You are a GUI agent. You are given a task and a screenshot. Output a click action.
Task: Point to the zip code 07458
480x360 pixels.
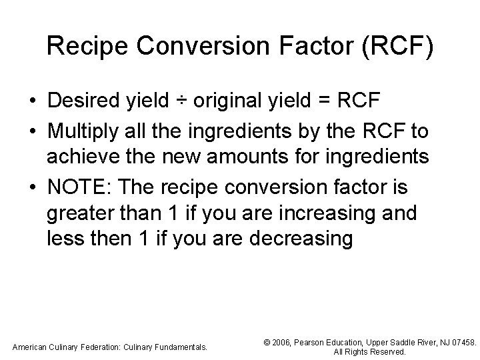(461, 342)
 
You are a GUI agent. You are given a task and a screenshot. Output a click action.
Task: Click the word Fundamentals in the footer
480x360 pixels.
(176, 347)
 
